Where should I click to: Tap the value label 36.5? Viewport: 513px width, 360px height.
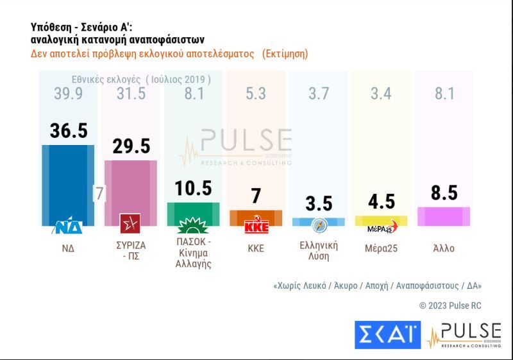(x=69, y=130)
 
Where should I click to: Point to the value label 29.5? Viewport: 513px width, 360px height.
(x=131, y=146)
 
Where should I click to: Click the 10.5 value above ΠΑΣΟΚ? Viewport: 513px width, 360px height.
(x=193, y=188)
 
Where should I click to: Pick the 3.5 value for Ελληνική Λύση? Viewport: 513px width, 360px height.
(x=319, y=204)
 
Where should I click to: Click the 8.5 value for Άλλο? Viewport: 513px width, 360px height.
(x=444, y=193)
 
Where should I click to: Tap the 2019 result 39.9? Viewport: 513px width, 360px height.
(x=69, y=94)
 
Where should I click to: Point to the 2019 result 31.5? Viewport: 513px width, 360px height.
(x=131, y=94)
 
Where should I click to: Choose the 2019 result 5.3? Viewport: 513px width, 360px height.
(x=256, y=94)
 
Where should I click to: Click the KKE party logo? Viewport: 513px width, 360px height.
(x=256, y=226)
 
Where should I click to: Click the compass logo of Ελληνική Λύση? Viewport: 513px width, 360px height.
(x=319, y=225)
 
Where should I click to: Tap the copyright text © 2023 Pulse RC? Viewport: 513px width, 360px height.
(x=450, y=305)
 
